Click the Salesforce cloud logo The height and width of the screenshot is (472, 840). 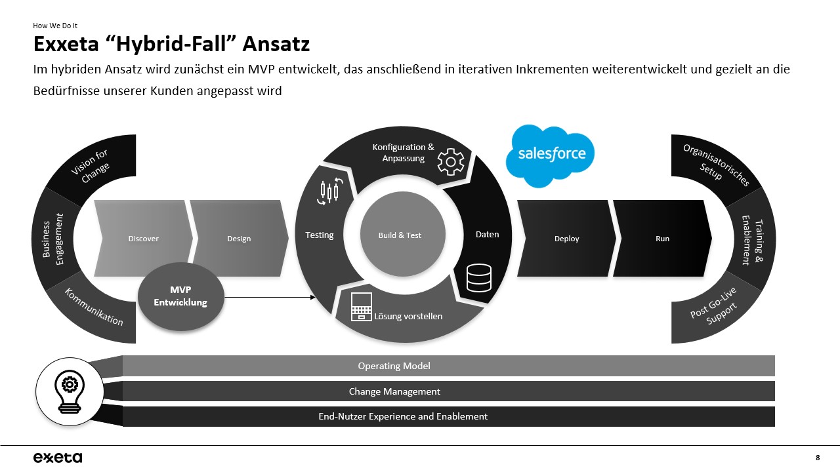550,155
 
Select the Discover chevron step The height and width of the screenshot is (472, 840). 143,239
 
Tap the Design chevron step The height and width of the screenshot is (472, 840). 239,239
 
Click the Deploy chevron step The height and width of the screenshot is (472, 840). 566,239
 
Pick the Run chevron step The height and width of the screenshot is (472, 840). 662,239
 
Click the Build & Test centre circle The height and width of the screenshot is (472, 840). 400,235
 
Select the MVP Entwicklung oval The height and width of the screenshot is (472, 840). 180,297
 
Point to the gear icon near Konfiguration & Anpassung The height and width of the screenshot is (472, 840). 451,162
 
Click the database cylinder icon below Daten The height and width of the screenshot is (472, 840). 478,277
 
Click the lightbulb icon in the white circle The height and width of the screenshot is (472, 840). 68,391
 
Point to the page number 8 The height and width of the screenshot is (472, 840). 817,457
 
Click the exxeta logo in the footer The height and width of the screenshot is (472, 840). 58,457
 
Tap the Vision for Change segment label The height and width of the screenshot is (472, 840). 91,167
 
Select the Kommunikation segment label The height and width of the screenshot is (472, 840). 93,307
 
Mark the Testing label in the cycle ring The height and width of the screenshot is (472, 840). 320,235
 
